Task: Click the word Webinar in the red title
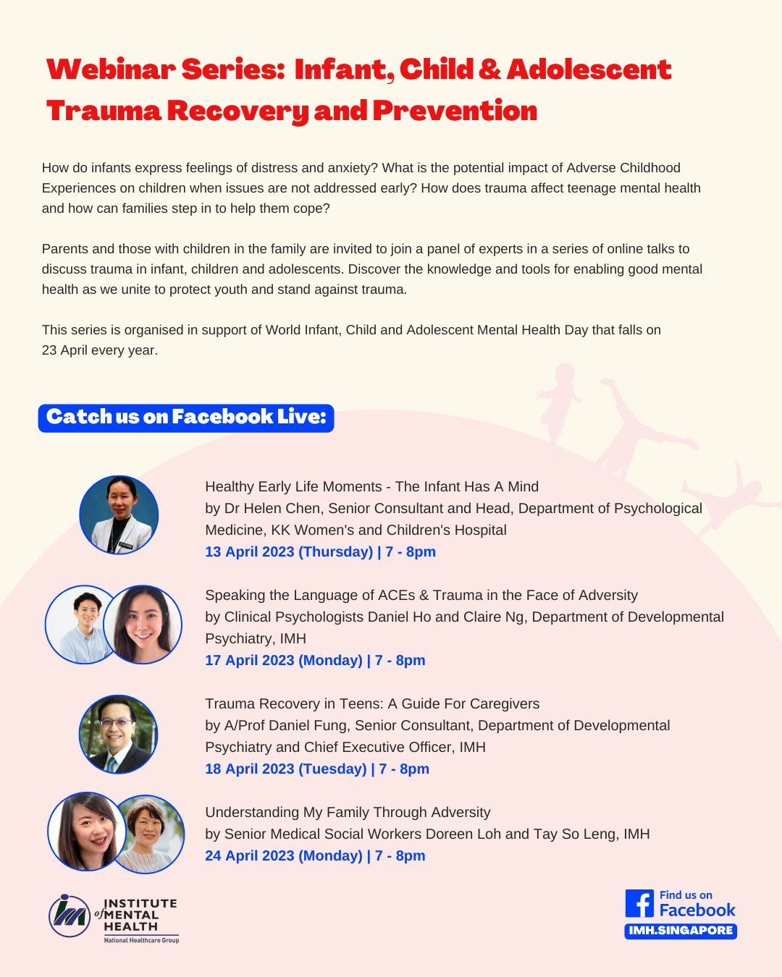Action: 111,69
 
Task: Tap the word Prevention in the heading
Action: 455,111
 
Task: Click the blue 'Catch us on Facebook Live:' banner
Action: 186,418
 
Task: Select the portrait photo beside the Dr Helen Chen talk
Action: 119,515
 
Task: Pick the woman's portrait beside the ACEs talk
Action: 143,625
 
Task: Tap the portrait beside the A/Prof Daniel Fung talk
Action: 119,734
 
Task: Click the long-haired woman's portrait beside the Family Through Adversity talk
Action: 87,832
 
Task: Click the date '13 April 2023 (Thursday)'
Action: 289,551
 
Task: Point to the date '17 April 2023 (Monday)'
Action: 284,660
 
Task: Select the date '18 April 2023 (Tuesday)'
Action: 286,769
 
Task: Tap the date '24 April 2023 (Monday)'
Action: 284,855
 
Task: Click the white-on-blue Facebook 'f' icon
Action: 639,903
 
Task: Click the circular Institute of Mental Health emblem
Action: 70,915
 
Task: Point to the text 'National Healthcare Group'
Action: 141,940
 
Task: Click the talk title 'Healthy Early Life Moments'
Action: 293,486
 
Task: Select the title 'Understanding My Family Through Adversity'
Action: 348,812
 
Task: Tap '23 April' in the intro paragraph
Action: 64,350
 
